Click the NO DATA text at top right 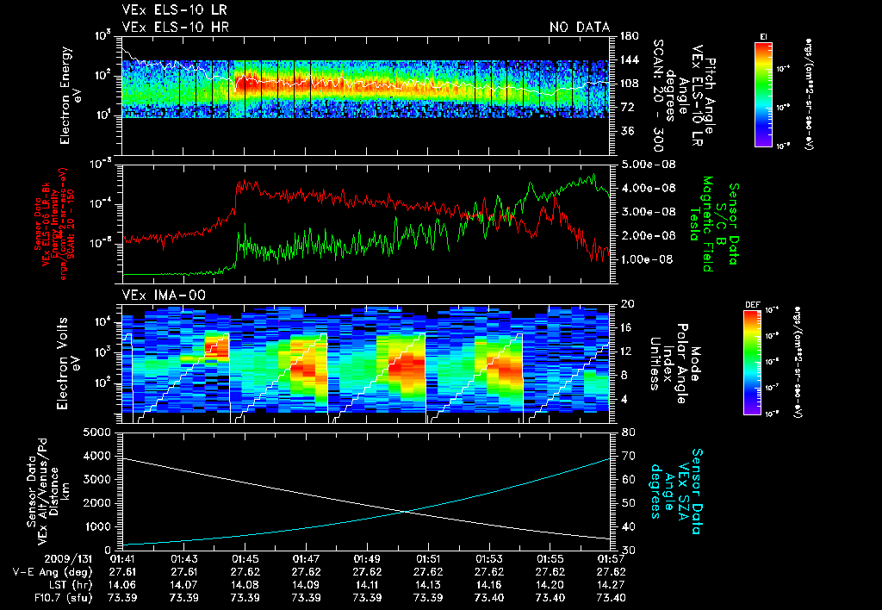click(580, 27)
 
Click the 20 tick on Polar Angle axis click(623, 304)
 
